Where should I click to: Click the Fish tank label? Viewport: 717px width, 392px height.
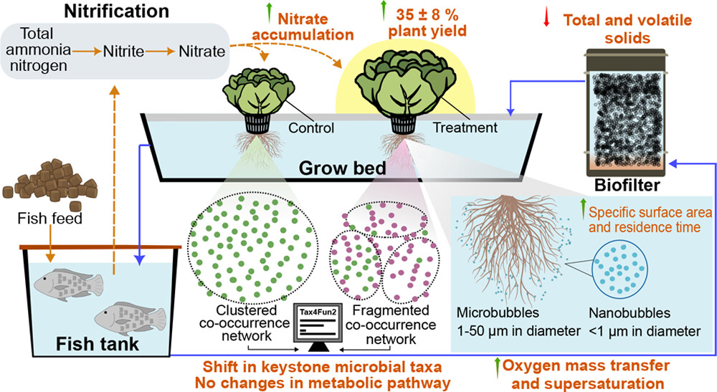pos(97,345)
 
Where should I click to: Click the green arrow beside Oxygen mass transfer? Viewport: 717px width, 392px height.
pos(496,366)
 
